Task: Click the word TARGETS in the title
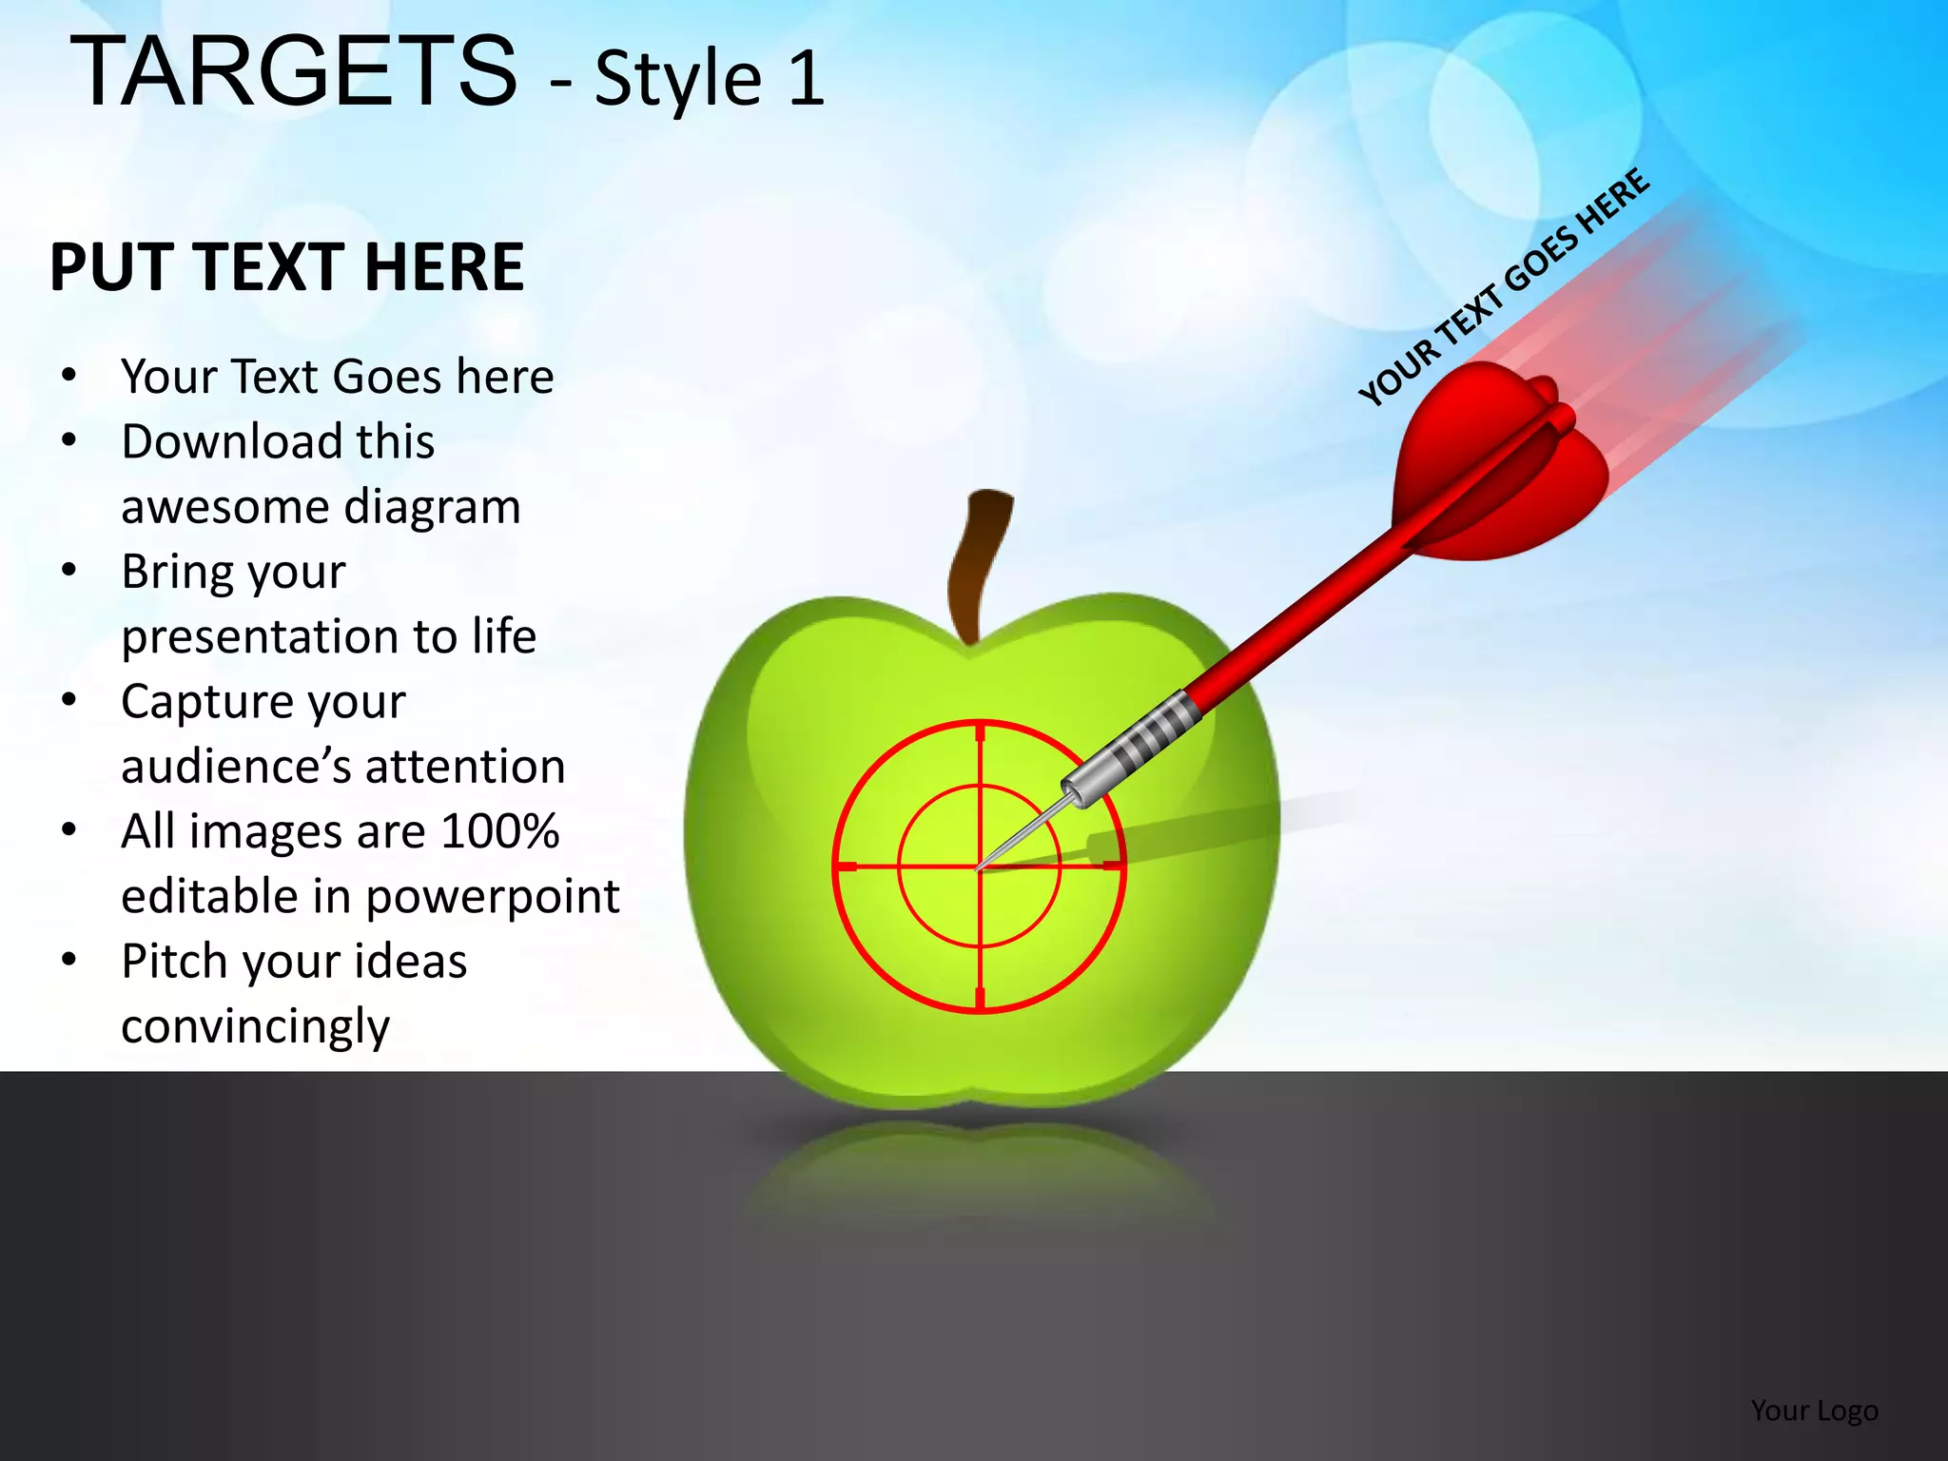[x=294, y=72]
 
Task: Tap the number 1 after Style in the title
[x=806, y=78]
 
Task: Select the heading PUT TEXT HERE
[x=286, y=267]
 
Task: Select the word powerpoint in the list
[x=492, y=896]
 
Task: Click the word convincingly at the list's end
[x=255, y=1027]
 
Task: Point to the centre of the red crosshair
[x=980, y=867]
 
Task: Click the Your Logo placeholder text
[x=1814, y=1410]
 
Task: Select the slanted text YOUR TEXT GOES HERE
[x=1503, y=287]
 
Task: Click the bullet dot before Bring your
[x=68, y=572]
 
